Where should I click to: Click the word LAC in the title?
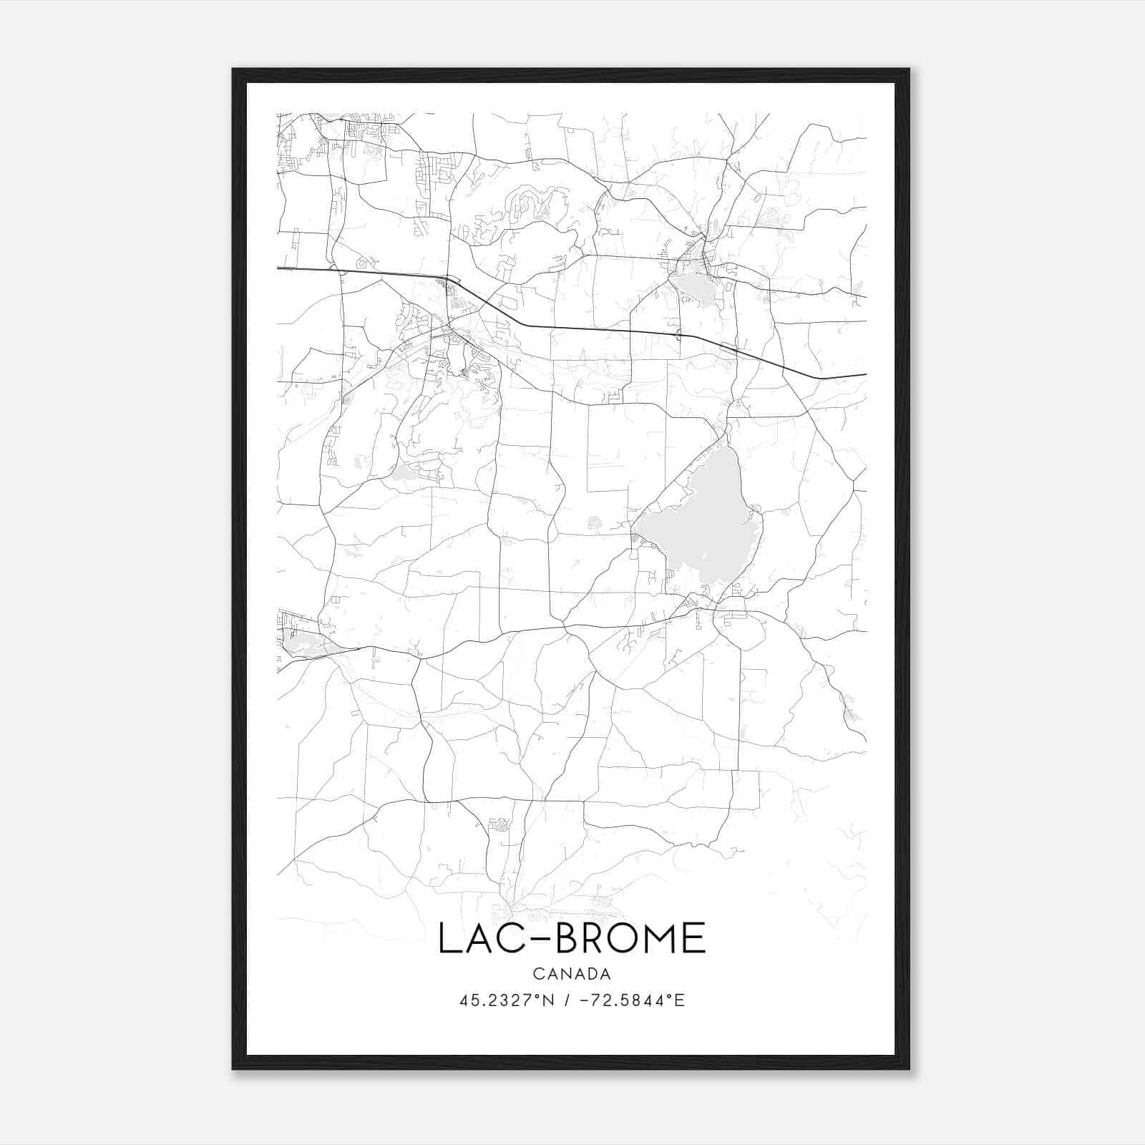point(486,938)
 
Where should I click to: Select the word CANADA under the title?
point(572,974)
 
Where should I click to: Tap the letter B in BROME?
point(569,938)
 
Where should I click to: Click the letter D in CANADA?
point(591,974)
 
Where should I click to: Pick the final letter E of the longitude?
point(680,1000)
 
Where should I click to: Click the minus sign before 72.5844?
point(585,1000)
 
